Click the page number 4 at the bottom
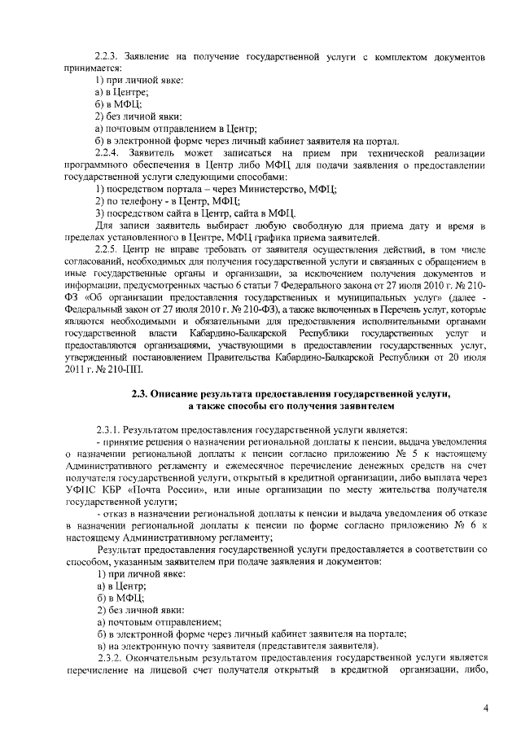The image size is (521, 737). pos(485,708)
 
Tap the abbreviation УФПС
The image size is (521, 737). pos(81,490)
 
